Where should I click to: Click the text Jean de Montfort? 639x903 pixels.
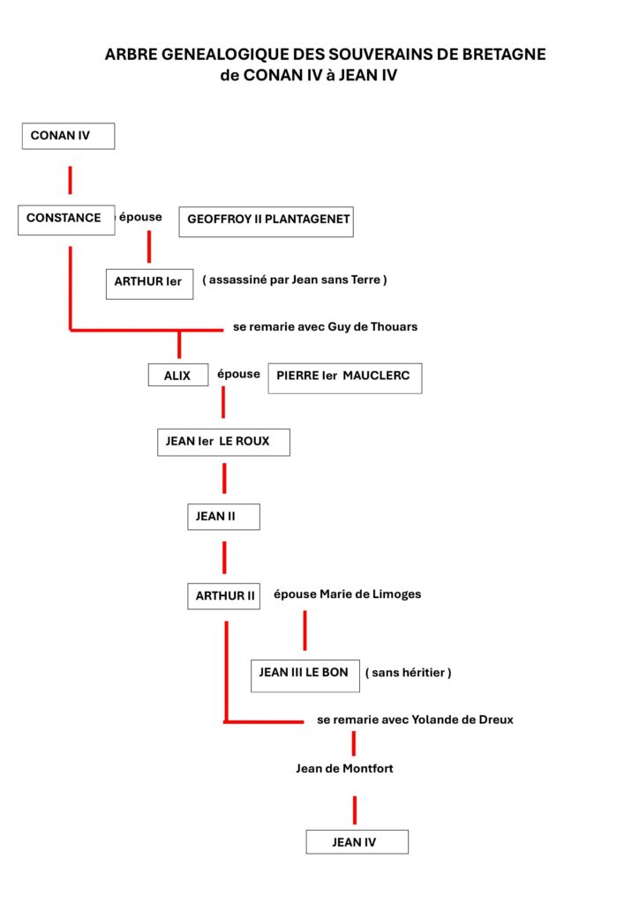[344, 768]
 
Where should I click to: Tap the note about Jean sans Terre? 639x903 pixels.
[295, 280]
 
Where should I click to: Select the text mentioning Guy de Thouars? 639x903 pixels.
[325, 326]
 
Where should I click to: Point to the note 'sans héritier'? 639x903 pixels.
[409, 673]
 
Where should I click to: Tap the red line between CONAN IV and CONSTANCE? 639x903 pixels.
[71, 180]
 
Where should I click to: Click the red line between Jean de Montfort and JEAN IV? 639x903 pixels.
[354, 810]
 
